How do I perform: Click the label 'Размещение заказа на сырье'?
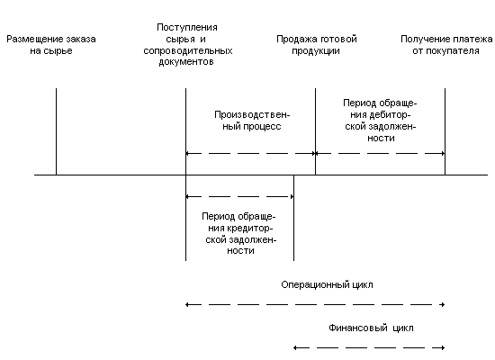[x=51, y=45]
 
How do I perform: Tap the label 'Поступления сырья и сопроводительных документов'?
[x=188, y=44]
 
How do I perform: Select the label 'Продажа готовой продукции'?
[x=316, y=45]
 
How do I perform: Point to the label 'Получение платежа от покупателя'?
[x=446, y=45]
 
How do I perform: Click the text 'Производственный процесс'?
[x=252, y=121]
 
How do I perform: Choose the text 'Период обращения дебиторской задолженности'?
[x=380, y=121]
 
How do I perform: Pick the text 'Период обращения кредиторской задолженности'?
[x=239, y=234]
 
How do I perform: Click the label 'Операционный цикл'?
[x=327, y=284]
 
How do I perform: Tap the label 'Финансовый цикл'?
[x=371, y=328]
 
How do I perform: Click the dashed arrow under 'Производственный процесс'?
[x=251, y=154]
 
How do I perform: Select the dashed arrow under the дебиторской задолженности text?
[x=380, y=154]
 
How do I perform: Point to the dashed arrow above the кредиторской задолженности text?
[x=239, y=197]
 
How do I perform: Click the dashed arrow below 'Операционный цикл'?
[x=315, y=305]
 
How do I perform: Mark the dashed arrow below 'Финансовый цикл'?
[x=369, y=348]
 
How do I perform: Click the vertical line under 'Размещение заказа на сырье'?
[x=56, y=131]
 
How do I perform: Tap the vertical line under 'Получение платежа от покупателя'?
[x=445, y=131]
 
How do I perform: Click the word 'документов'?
[x=186, y=62]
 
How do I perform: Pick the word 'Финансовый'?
[x=358, y=328]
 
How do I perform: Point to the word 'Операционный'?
[x=313, y=285]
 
